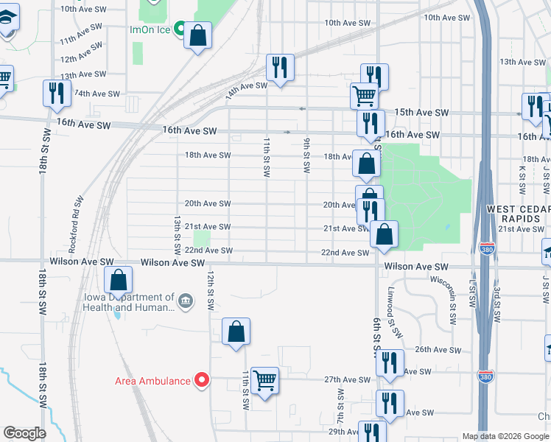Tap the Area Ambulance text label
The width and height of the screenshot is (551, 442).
click(x=153, y=381)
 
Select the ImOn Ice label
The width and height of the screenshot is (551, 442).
click(x=151, y=30)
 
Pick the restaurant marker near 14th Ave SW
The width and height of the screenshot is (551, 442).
click(x=280, y=69)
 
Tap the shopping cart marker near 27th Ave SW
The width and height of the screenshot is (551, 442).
click(x=264, y=381)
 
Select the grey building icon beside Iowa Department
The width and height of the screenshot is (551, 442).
click(x=184, y=301)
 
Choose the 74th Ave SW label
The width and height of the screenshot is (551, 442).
click(x=96, y=94)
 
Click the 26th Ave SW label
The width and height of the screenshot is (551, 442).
click(x=432, y=349)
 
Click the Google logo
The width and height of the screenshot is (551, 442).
click(x=24, y=433)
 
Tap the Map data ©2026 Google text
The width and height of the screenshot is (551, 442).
click(x=505, y=436)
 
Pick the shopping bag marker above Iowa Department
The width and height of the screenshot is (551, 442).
click(x=118, y=280)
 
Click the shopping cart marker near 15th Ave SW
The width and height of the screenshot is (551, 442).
click(x=364, y=96)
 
